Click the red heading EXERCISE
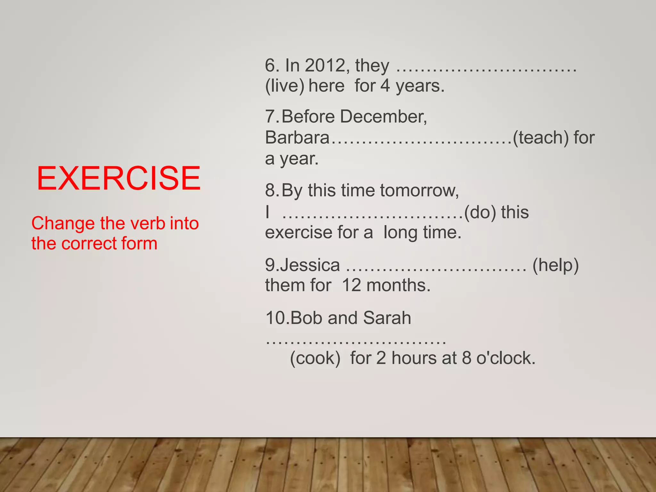point(119,178)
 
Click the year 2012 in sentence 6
point(325,65)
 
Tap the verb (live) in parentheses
point(285,86)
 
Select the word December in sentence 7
point(383,116)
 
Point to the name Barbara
point(297,138)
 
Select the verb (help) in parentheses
point(555,265)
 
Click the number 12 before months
point(351,285)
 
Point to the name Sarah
point(387,318)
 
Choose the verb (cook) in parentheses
point(315,358)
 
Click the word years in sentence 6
point(420,86)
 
